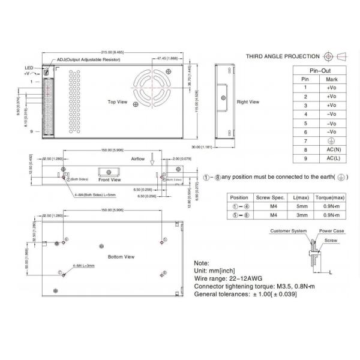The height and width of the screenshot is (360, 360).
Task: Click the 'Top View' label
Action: pyautogui.click(x=117, y=102)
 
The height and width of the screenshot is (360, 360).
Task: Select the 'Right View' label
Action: pyautogui.click(x=248, y=102)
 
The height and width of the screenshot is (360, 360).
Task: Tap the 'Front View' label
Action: pyautogui.click(x=109, y=179)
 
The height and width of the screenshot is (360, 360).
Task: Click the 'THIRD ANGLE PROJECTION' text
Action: pyautogui.click(x=283, y=56)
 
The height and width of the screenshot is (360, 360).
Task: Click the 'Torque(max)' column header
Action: pyautogui.click(x=330, y=197)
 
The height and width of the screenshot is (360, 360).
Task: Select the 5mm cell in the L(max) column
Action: pyautogui.click(x=303, y=206)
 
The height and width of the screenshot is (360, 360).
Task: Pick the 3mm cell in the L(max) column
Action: pyautogui.click(x=303, y=215)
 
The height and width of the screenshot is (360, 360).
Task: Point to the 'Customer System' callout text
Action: pyautogui.click(x=289, y=230)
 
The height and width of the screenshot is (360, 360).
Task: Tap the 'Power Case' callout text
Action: pyautogui.click(x=331, y=230)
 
